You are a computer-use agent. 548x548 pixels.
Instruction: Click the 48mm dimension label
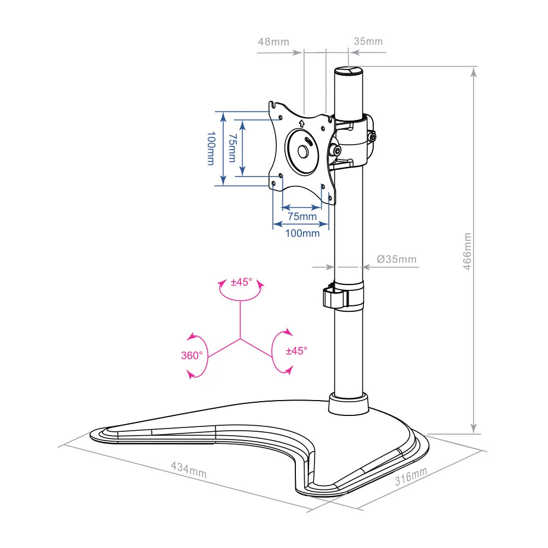[273, 42]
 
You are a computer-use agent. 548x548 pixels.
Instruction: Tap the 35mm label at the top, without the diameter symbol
[368, 42]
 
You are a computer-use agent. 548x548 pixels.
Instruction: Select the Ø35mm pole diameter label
[397, 259]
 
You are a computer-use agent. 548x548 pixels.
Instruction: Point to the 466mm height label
[467, 252]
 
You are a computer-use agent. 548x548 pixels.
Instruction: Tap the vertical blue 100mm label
[210, 148]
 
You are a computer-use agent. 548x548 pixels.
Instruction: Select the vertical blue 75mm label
[232, 148]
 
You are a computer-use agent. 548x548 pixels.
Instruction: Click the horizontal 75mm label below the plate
[302, 216]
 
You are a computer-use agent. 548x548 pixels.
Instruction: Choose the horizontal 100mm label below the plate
[302, 233]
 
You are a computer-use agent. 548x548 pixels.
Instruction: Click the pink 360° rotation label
[192, 355]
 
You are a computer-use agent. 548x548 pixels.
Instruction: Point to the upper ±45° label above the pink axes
[241, 283]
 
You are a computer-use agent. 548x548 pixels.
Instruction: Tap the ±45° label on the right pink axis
[296, 350]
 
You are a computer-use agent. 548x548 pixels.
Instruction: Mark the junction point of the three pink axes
[239, 339]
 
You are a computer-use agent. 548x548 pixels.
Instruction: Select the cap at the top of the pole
[349, 71]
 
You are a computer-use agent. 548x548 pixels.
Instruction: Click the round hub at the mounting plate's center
[302, 150]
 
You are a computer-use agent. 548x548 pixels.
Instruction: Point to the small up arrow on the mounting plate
[302, 122]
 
